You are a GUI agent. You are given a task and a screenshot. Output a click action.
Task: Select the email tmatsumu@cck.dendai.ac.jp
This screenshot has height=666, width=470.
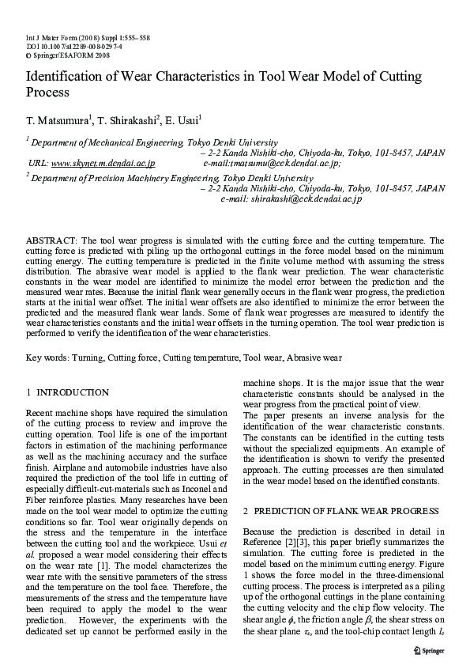272,163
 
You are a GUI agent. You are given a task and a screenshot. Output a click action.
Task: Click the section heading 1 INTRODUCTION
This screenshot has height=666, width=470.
67,392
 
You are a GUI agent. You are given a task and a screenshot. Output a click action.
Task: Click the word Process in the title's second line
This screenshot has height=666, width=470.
48,93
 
